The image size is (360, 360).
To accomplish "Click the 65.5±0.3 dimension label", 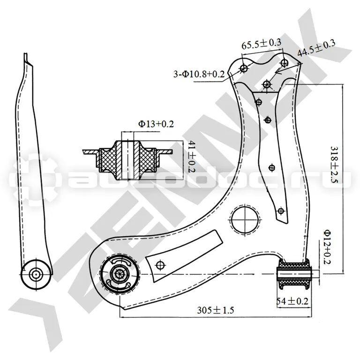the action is point(261,44).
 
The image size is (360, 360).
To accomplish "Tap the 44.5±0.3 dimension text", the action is point(316,48).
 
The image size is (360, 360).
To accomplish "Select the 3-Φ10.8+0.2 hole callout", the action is point(199,74).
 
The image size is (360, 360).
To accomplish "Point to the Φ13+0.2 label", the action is point(156,124).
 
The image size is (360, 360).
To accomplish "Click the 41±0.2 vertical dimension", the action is point(191,157).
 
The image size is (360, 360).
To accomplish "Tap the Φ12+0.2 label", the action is point(327,247).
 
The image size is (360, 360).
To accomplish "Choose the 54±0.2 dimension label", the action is point(292,301).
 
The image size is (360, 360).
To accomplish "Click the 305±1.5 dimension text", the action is point(215,310).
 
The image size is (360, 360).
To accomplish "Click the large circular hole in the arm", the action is point(245,219).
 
